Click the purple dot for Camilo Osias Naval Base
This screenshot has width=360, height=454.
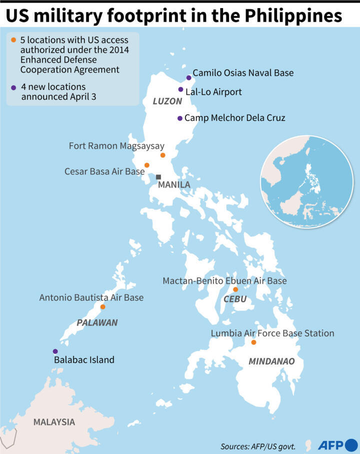(x=188, y=77)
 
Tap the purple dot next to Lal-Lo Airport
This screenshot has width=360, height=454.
(x=180, y=89)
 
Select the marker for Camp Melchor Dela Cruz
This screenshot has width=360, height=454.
(x=179, y=118)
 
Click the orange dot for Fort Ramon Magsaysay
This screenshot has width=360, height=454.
(x=162, y=155)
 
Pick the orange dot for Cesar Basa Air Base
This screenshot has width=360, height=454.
(x=146, y=165)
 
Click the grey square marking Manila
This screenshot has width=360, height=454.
(x=158, y=177)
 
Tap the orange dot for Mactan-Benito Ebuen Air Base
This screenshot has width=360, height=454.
(x=235, y=289)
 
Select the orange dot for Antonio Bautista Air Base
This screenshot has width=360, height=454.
(x=102, y=307)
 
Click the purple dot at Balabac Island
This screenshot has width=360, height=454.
(x=55, y=352)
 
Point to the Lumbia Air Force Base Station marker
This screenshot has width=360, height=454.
(x=253, y=342)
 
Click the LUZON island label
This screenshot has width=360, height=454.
(x=167, y=101)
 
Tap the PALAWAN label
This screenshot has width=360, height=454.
(x=97, y=323)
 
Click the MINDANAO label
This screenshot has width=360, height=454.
(x=271, y=361)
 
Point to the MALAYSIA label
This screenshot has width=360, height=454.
(x=54, y=422)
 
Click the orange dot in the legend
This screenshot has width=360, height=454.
(x=13, y=39)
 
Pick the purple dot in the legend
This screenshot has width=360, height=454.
(x=13, y=87)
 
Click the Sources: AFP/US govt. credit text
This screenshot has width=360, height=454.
(x=258, y=446)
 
